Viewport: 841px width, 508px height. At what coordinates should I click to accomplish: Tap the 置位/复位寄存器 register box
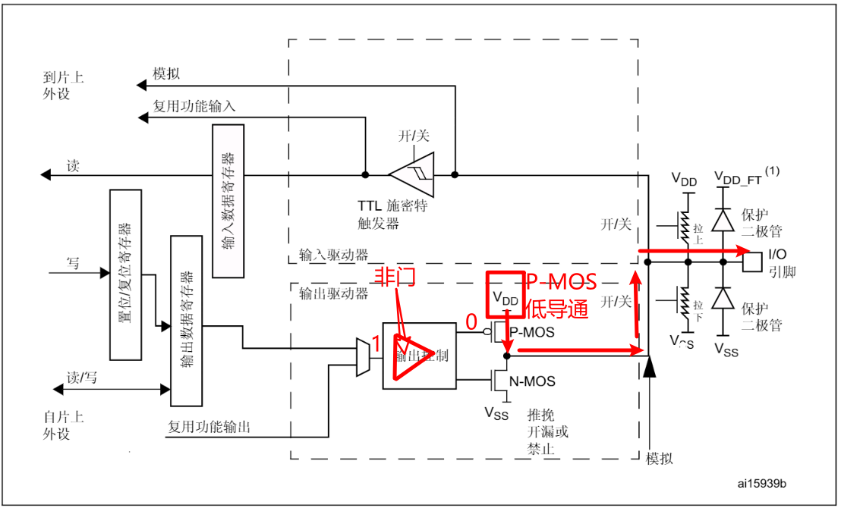(x=126, y=274)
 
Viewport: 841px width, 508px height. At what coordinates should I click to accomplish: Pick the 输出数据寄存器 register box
(x=187, y=320)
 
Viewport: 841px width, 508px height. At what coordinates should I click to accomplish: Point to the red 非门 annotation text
(x=394, y=278)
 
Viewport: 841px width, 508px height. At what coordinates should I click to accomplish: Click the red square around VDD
(x=506, y=293)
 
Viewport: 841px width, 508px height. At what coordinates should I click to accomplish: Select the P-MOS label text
(x=532, y=331)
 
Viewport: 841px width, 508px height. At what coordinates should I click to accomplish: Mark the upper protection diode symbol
(x=725, y=218)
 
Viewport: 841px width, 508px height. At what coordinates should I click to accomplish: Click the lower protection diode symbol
(x=725, y=296)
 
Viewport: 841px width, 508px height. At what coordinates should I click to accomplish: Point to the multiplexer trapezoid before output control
(x=363, y=356)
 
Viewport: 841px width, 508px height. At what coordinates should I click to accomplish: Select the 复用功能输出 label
(x=209, y=428)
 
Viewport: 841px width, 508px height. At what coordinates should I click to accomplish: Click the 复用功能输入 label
(x=194, y=106)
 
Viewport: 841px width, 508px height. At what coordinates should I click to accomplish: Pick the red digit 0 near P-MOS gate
(x=471, y=322)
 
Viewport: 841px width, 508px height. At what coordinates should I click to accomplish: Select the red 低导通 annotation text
(x=557, y=309)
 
